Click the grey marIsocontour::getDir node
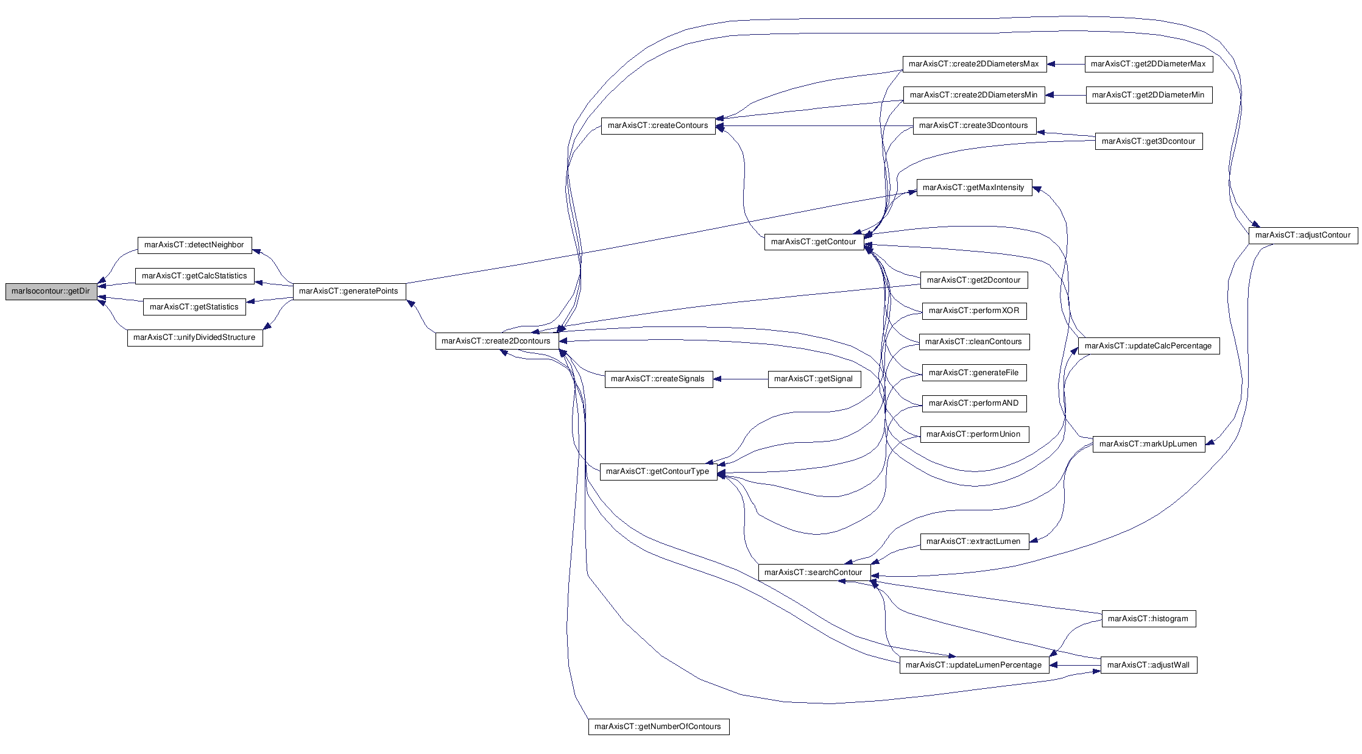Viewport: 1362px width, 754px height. [x=51, y=291]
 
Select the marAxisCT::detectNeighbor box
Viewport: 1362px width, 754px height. [x=194, y=245]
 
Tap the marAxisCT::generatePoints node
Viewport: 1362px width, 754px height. [x=349, y=291]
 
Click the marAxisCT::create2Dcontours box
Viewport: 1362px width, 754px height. [x=496, y=341]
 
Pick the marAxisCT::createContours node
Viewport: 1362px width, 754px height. [x=658, y=125]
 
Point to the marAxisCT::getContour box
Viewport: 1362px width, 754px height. [x=814, y=242]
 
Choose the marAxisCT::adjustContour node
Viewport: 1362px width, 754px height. [x=1303, y=235]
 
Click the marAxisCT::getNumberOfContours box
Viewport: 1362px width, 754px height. [x=658, y=727]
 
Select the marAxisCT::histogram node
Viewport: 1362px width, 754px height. [x=1148, y=619]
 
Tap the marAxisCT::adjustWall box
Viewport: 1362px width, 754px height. [x=1149, y=665]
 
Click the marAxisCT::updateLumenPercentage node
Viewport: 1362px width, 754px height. [x=974, y=665]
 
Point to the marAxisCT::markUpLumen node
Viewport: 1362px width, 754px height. [x=1148, y=444]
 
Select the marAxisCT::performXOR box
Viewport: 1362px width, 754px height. [x=974, y=311]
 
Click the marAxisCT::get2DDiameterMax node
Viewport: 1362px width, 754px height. [x=1148, y=64]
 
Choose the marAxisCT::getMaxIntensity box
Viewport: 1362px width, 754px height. [x=974, y=188]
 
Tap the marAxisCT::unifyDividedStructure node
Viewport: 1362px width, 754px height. [x=195, y=337]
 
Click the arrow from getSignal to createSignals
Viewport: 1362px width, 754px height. [x=741, y=379]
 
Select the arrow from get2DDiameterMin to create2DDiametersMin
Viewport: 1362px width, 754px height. [x=1065, y=95]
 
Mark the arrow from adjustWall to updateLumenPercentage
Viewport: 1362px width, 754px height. [x=1075, y=665]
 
